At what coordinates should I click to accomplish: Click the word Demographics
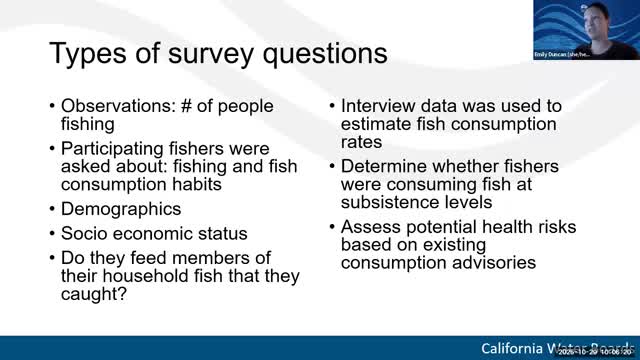point(121,209)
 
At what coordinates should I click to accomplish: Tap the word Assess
point(369,227)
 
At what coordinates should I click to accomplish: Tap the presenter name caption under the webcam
point(562,54)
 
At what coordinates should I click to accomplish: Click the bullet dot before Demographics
point(52,210)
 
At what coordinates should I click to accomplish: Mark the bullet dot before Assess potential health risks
point(332,228)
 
